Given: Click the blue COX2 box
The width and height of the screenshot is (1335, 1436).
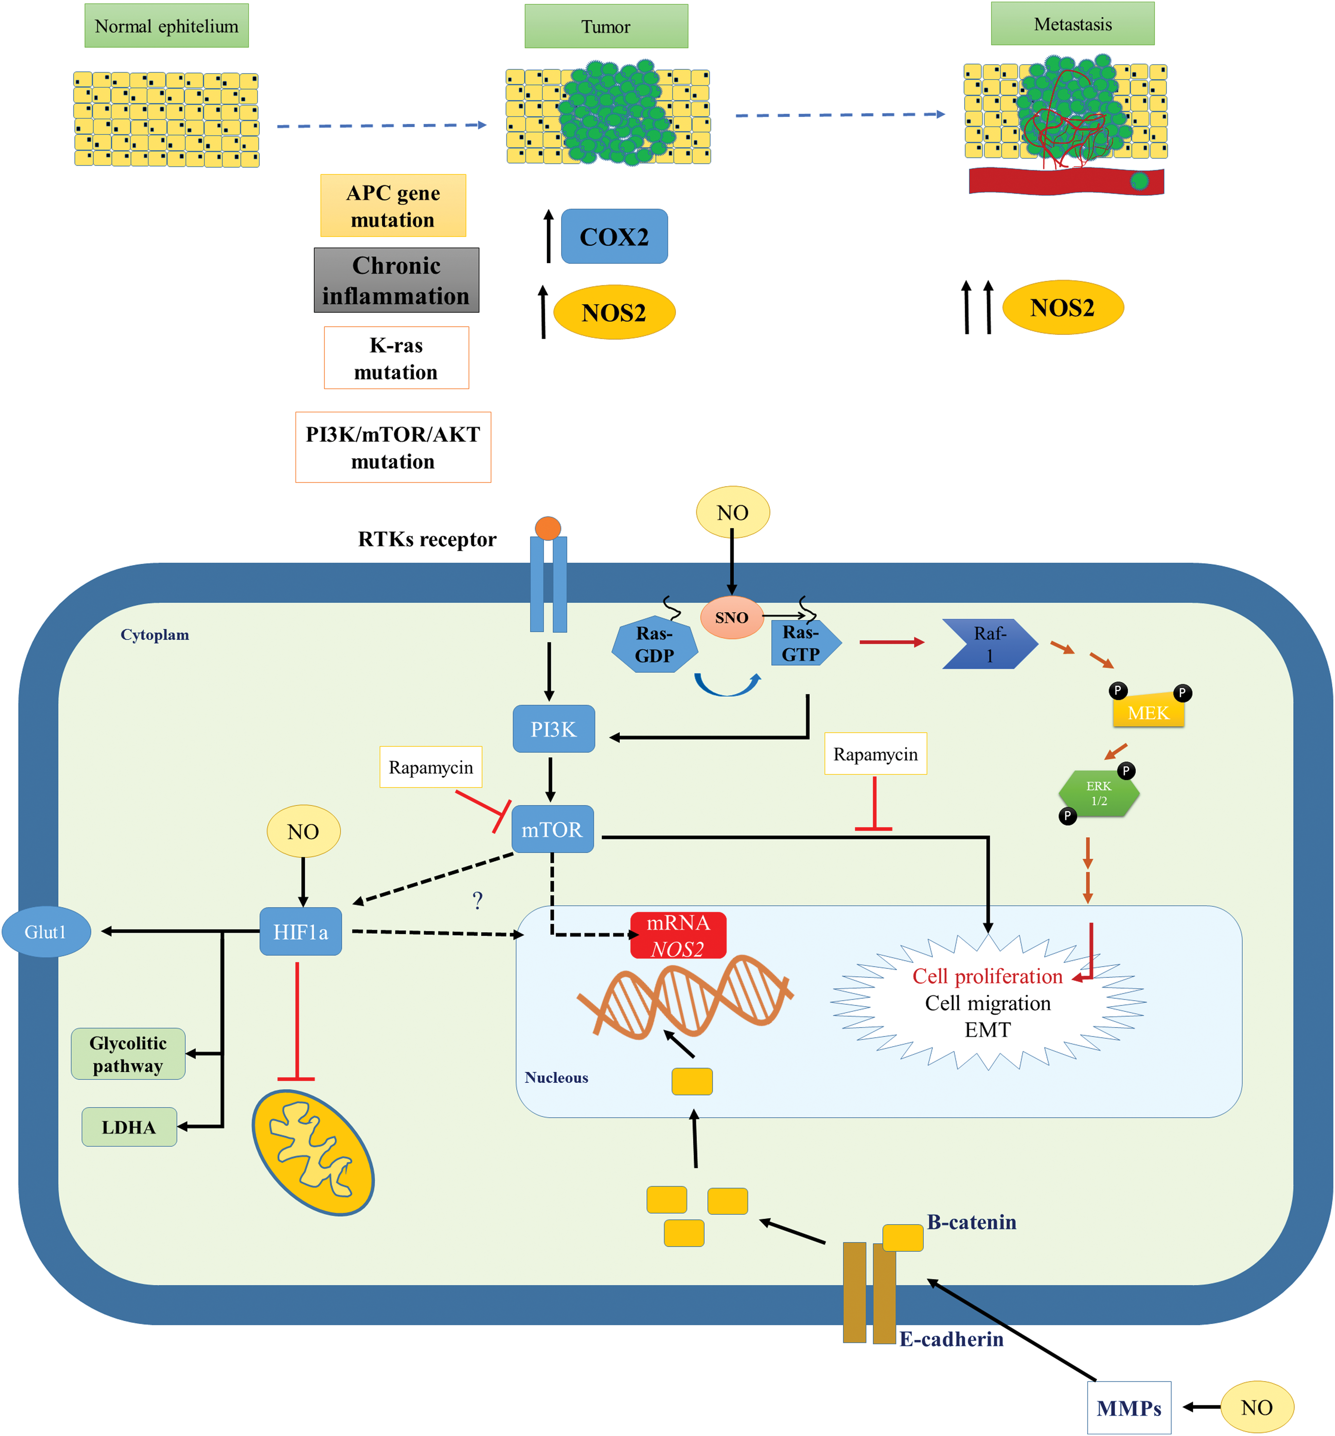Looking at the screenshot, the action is pyautogui.click(x=614, y=236).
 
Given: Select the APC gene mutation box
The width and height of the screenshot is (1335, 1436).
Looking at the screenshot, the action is pyautogui.click(x=393, y=206).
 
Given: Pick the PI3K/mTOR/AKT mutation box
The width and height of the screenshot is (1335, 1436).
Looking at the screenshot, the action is pyautogui.click(x=393, y=447).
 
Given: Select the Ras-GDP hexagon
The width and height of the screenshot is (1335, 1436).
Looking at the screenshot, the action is pyautogui.click(x=654, y=645).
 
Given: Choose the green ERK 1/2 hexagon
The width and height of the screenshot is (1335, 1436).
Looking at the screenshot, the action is pyautogui.click(x=1099, y=793).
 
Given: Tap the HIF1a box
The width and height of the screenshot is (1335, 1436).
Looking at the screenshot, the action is pyautogui.click(x=300, y=932).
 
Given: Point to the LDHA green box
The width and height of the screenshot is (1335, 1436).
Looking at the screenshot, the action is pyautogui.click(x=129, y=1127).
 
